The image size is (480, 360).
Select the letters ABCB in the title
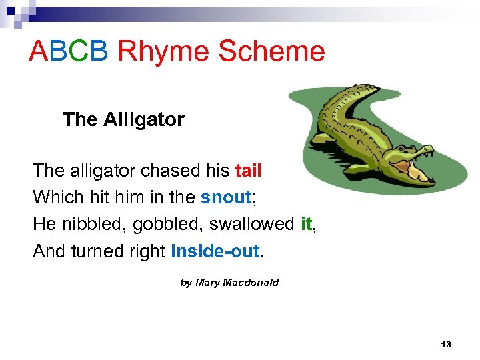(x=69, y=51)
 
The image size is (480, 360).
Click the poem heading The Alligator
(x=123, y=120)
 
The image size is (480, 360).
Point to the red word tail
(x=248, y=171)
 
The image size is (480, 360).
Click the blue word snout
(x=225, y=197)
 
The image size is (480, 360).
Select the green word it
(x=306, y=224)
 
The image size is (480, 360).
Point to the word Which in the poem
(x=55, y=197)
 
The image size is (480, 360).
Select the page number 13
(x=446, y=345)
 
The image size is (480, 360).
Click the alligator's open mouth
(x=421, y=175)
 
